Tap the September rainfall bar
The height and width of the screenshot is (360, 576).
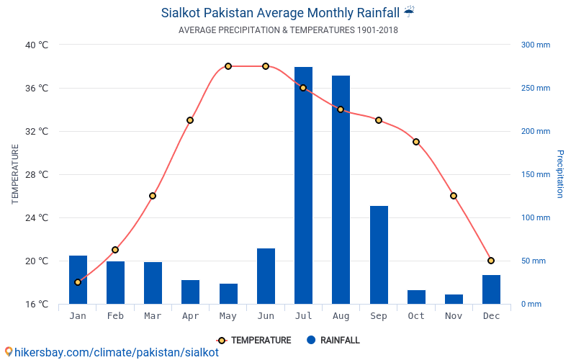[x=379, y=255]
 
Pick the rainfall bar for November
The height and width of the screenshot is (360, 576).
[x=454, y=299]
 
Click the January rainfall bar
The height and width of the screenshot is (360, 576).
[x=78, y=279]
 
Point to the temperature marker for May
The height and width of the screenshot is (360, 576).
[x=228, y=66]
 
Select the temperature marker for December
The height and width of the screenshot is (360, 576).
[x=491, y=261]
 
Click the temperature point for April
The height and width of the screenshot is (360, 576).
[x=190, y=120]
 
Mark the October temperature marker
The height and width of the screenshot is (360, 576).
[x=416, y=142]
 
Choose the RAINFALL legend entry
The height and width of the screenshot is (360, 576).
[x=333, y=341]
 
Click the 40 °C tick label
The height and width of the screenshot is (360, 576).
[x=37, y=45]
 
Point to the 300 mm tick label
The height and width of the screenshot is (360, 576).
[x=535, y=45]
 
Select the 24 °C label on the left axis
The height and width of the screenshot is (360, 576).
[x=37, y=217]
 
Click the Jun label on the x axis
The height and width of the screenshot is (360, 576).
[x=266, y=316]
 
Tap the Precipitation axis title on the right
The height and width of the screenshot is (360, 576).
[x=560, y=174]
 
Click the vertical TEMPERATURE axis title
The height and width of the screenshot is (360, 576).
[x=15, y=174]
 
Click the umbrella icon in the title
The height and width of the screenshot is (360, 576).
[x=409, y=12]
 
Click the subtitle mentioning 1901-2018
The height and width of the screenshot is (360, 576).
[x=288, y=30]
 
